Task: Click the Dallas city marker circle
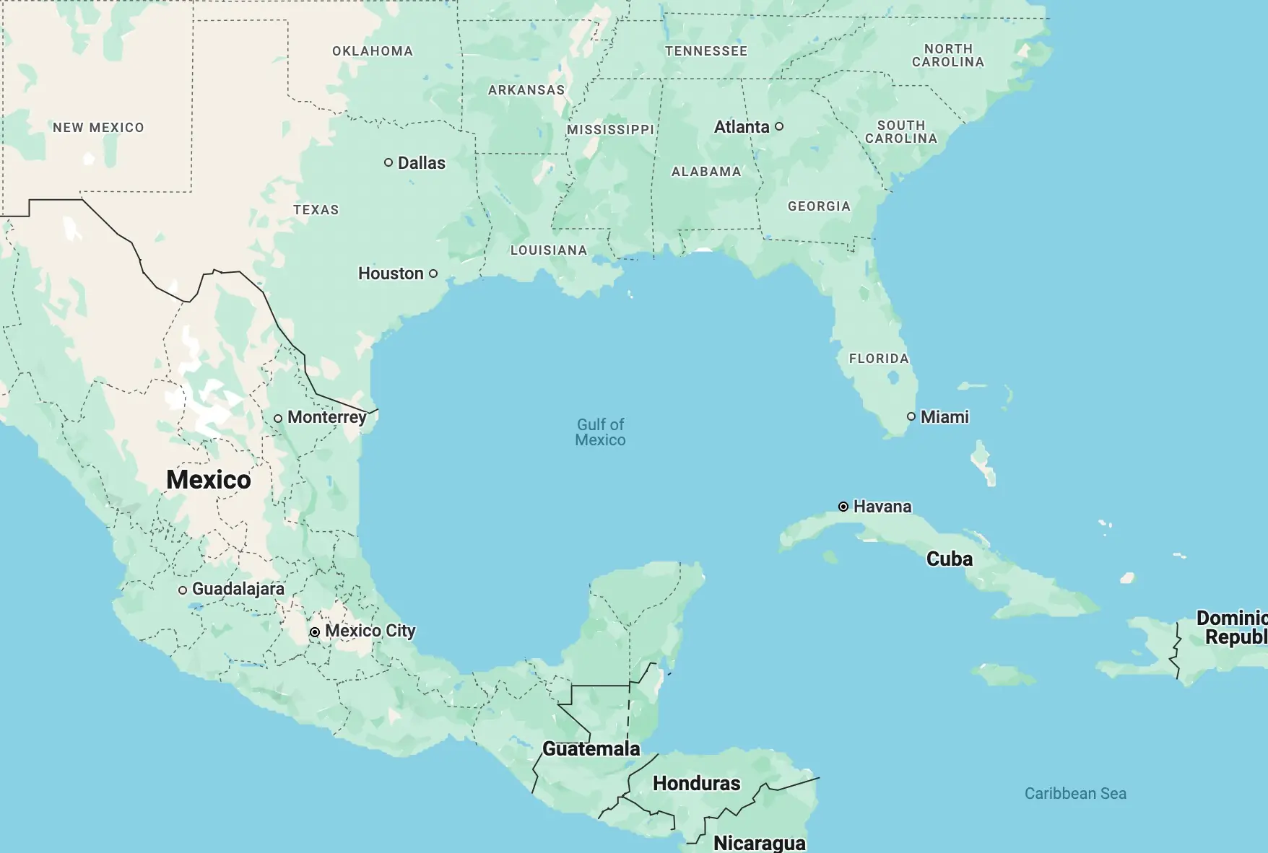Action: click(388, 162)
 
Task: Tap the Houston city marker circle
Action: click(433, 274)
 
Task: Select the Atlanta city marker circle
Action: click(779, 126)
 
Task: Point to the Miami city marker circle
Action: click(911, 416)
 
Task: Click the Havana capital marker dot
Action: click(843, 507)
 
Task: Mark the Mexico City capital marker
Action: click(315, 632)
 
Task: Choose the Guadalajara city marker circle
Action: click(183, 590)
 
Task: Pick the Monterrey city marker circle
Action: click(278, 419)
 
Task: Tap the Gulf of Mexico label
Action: click(600, 432)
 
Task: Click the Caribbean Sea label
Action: click(1075, 793)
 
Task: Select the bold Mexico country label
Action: click(209, 480)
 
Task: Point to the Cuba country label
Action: click(950, 559)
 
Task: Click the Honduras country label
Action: click(697, 784)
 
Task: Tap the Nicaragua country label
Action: click(760, 843)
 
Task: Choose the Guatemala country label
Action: click(591, 749)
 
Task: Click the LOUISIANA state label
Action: click(549, 250)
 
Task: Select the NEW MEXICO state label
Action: click(98, 128)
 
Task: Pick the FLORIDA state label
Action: click(879, 359)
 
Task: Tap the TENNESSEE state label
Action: click(706, 51)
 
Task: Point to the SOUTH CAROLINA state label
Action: click(901, 132)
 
